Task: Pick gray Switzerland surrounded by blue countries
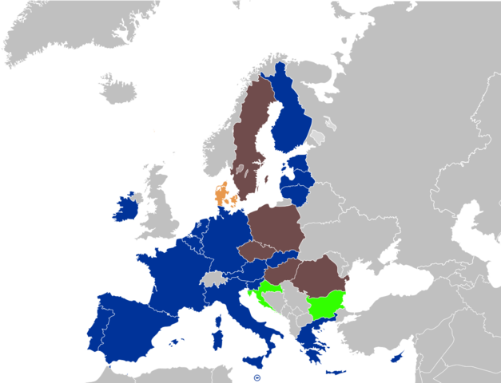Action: (213, 278)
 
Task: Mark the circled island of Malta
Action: (256, 378)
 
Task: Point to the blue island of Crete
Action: (336, 372)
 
